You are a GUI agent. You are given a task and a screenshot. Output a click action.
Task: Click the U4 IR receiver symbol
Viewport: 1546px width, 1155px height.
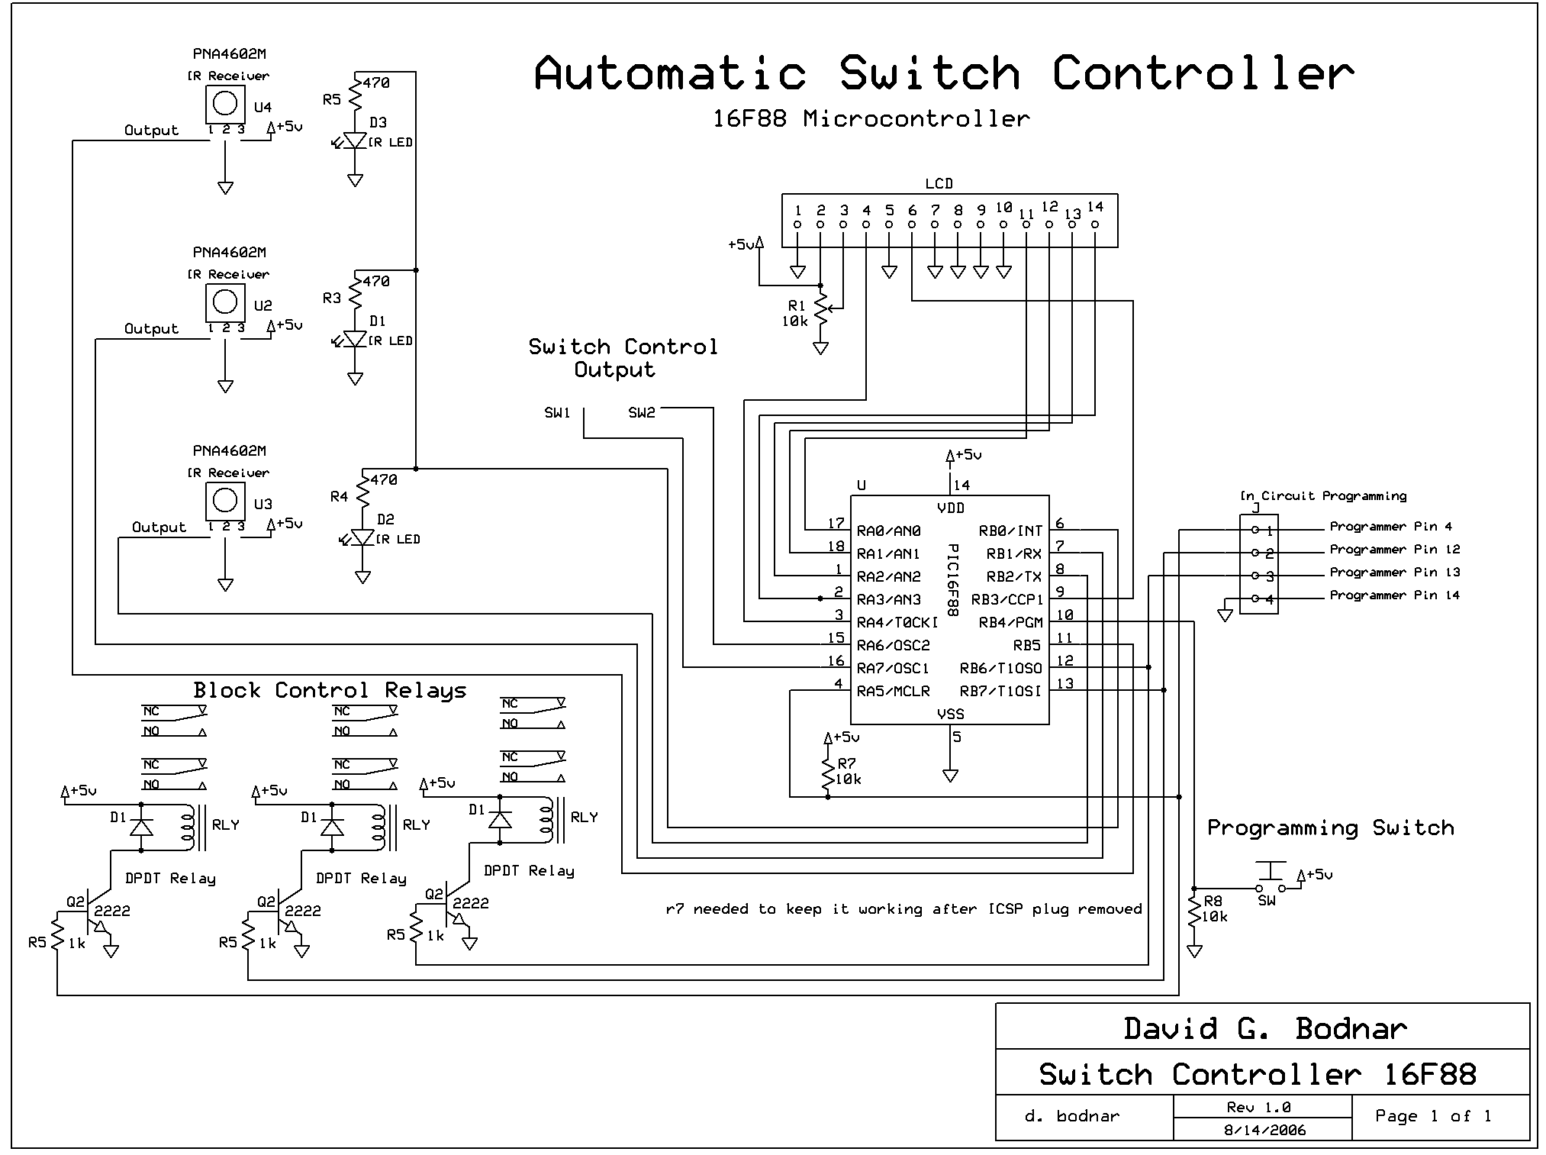click(x=225, y=104)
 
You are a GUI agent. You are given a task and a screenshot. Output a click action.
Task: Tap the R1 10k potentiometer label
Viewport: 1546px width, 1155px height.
click(x=795, y=314)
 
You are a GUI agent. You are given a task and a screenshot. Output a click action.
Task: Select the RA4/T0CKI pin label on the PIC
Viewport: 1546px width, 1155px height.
click(x=897, y=622)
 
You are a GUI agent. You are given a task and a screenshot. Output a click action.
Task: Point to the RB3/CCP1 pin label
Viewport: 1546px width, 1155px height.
click(x=1007, y=599)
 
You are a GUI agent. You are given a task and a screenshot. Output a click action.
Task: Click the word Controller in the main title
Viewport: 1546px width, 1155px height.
click(x=1203, y=73)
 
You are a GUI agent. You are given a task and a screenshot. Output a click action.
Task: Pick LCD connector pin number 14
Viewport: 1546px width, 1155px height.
click(x=1095, y=207)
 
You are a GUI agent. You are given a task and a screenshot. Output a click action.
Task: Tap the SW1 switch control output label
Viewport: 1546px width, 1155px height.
click(x=557, y=413)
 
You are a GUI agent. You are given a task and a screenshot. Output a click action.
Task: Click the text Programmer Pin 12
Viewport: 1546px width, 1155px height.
click(x=1394, y=550)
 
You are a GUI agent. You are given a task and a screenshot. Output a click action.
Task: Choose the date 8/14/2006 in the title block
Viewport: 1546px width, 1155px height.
click(x=1264, y=1131)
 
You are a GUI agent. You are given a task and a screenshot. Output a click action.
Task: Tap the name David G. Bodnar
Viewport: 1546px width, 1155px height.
click(x=1264, y=1029)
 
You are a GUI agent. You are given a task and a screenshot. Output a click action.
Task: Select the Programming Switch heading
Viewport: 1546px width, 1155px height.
click(x=1330, y=828)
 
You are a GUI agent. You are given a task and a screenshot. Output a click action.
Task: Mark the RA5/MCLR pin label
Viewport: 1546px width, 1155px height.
click(x=893, y=692)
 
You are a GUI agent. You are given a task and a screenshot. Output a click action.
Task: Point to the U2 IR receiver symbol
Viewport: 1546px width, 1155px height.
click(x=225, y=302)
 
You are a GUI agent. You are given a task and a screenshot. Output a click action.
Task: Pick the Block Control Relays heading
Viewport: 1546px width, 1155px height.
click(x=330, y=691)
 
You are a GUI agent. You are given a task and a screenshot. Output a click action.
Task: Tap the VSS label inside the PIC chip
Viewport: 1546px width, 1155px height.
click(x=950, y=715)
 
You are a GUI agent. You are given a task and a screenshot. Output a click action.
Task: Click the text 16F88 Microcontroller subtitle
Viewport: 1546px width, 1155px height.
click(x=871, y=119)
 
